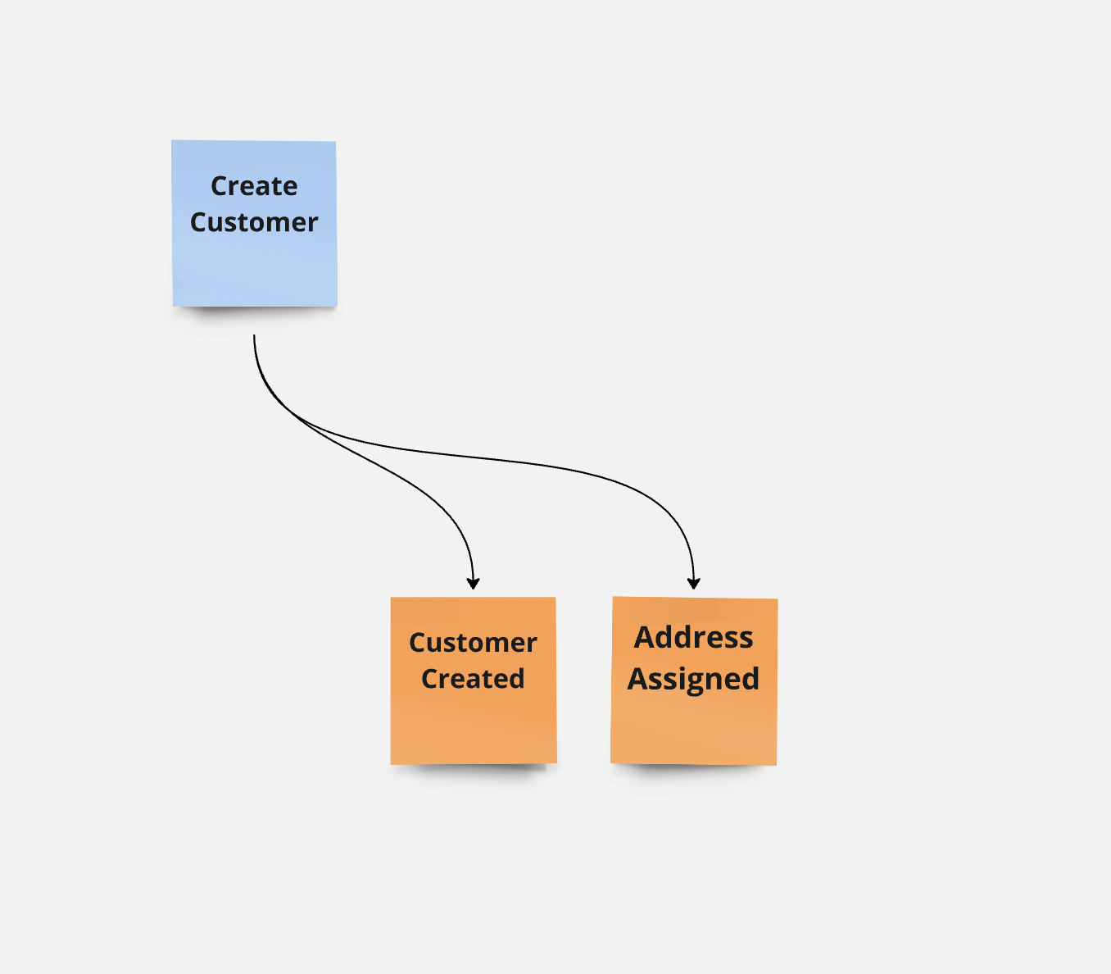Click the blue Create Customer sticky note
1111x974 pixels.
(255, 223)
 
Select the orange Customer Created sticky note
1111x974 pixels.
(474, 680)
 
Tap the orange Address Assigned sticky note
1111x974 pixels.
(694, 680)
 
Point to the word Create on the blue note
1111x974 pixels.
(255, 186)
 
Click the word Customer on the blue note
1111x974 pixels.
(254, 222)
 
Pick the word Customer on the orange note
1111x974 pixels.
(474, 643)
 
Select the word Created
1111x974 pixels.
(473, 678)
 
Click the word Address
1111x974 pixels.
(694, 637)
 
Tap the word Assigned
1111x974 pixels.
(694, 680)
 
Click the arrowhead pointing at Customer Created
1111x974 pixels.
(474, 583)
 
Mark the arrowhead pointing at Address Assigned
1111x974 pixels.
(694, 583)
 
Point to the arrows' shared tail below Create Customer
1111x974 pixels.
(254, 335)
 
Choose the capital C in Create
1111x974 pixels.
(220, 186)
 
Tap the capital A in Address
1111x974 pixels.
(644, 638)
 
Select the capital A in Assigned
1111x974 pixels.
(637, 680)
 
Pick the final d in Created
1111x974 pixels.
(516, 678)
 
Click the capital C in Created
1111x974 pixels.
(429, 679)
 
